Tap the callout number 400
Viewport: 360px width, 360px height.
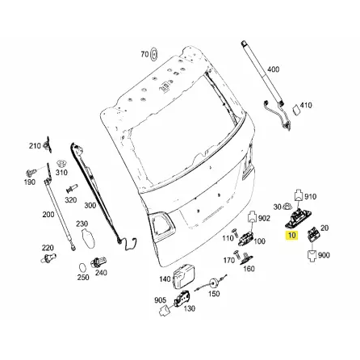pyautogui.click(x=273, y=69)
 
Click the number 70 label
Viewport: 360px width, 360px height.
pyautogui.click(x=144, y=54)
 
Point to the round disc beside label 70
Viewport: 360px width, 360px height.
pyautogui.click(x=154, y=55)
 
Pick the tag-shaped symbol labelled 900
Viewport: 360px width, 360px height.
pyautogui.click(x=312, y=257)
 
